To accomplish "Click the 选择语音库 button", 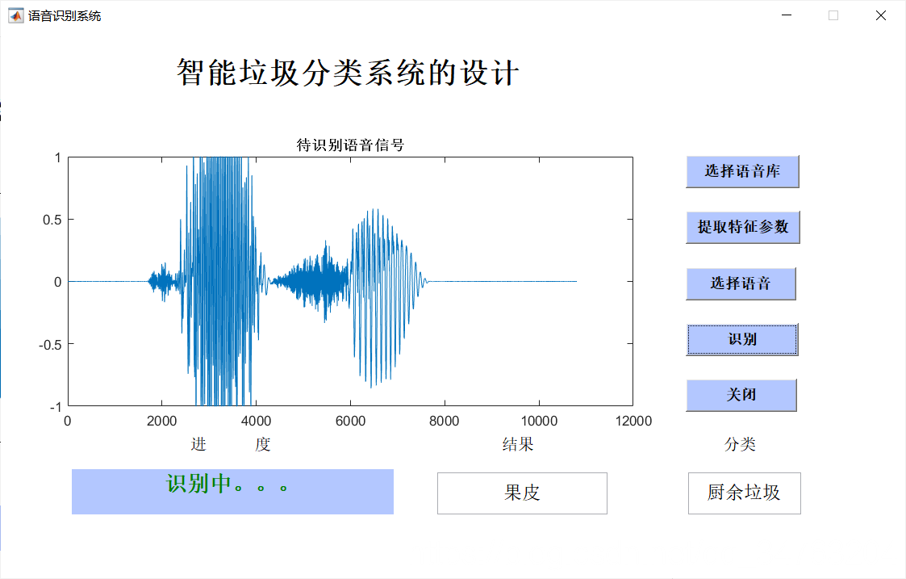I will (x=742, y=171).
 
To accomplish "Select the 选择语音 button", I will (x=741, y=283).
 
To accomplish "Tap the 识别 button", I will (x=742, y=339).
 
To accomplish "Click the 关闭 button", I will (x=741, y=395).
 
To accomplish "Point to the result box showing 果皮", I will (x=522, y=493).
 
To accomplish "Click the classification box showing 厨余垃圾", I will (x=744, y=493).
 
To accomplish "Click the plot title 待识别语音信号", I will (x=350, y=145).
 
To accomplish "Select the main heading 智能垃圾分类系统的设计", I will (x=348, y=73).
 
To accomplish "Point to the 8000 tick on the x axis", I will (x=444, y=422).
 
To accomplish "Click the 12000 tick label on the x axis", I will (x=632, y=422).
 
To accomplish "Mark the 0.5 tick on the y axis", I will (x=52, y=220).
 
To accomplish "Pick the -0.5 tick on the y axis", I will (x=51, y=344).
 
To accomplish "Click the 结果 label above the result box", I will (x=518, y=444).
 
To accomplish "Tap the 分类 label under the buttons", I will (x=740, y=444).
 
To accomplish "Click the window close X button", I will (x=881, y=15).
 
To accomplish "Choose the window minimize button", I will (x=787, y=15).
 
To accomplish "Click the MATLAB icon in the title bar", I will (x=16, y=15).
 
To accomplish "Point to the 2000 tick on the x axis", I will (x=161, y=422).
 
